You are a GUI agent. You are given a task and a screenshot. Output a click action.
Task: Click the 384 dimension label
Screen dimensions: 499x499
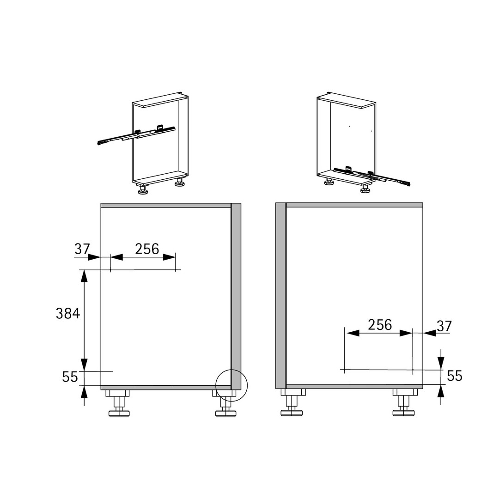(x=68, y=313)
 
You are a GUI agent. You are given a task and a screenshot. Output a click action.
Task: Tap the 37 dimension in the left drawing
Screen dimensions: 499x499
(x=82, y=249)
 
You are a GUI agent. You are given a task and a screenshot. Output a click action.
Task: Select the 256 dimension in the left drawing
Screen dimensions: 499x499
(x=147, y=249)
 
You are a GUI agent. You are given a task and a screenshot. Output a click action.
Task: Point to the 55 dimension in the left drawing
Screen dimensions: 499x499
(x=70, y=377)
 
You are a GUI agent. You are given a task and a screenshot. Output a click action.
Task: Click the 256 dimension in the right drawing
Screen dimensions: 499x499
(x=380, y=325)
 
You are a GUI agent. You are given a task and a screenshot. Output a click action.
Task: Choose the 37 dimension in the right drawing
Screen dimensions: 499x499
(x=444, y=326)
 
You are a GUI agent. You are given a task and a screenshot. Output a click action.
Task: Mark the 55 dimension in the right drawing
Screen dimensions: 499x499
(x=455, y=376)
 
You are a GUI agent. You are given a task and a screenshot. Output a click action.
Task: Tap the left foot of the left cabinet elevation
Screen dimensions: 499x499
(x=118, y=403)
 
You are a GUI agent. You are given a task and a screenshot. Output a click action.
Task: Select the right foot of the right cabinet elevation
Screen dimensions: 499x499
(x=404, y=402)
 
